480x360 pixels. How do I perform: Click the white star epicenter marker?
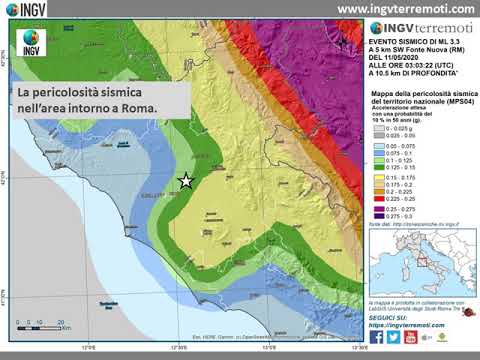click(185, 181)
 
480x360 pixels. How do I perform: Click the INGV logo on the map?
click(31, 44)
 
